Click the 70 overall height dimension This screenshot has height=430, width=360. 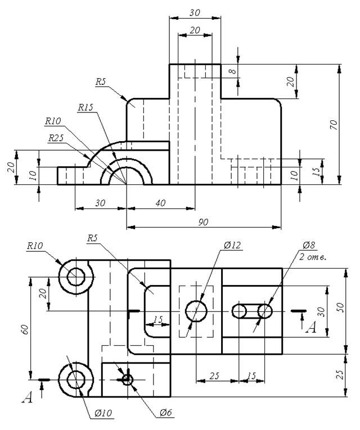point(334,125)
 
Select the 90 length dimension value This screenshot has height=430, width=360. point(203,222)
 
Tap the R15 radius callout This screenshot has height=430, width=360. point(85,107)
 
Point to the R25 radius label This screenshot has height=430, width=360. point(56,138)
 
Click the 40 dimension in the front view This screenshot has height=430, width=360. point(160,203)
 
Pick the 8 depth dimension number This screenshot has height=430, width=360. point(232,71)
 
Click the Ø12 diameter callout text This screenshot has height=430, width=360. point(232,245)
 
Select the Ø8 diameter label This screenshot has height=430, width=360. point(309,245)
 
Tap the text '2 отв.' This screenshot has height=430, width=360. point(313,257)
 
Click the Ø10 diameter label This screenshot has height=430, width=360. point(103,413)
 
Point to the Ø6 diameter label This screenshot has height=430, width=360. point(166,412)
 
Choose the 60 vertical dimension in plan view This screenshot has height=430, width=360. point(25,329)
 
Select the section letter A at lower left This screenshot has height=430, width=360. point(27,397)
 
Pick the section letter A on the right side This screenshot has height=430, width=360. point(311,327)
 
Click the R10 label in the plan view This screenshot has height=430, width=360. point(35,246)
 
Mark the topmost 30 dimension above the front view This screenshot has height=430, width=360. point(195,12)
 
